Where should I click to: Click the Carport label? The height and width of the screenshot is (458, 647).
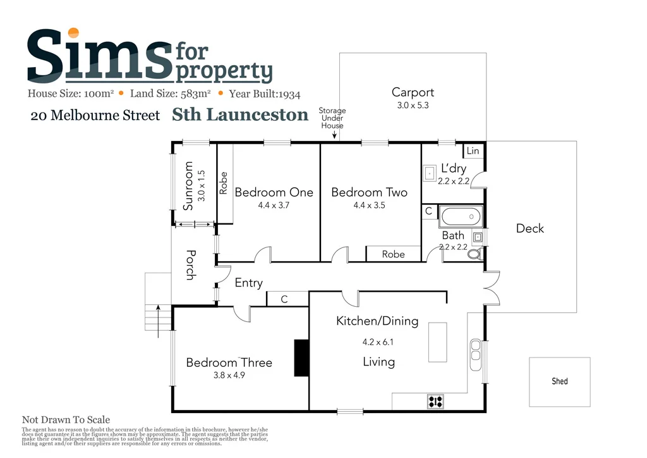[413, 92]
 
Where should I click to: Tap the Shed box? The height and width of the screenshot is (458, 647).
[559, 381]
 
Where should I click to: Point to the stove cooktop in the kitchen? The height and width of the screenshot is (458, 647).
[435, 400]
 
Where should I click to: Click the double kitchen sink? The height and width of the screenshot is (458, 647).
[475, 349]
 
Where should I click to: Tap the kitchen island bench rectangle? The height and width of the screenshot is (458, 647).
[437, 342]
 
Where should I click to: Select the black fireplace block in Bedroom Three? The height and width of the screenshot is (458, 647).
[301, 357]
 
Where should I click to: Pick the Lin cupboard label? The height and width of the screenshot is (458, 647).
[473, 151]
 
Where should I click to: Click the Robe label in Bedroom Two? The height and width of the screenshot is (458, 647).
[393, 254]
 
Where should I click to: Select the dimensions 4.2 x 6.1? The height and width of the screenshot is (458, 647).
[378, 342]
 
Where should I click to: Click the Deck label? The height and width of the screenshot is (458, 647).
[529, 228]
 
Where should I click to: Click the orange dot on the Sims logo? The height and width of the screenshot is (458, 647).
[74, 33]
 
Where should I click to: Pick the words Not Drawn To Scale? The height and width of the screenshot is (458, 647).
[66, 419]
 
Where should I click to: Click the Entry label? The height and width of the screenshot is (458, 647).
[248, 283]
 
